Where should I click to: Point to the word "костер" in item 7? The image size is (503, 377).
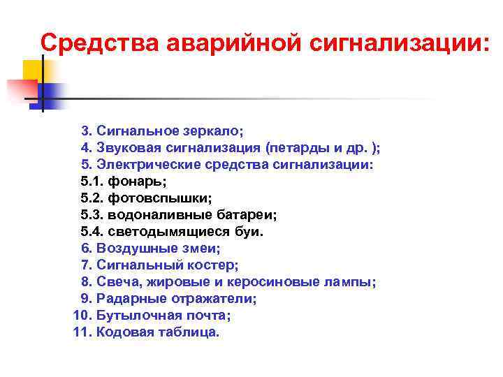coord(215,265)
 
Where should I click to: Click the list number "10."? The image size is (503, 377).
coord(82,316)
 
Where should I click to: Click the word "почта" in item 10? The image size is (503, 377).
coord(208,316)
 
